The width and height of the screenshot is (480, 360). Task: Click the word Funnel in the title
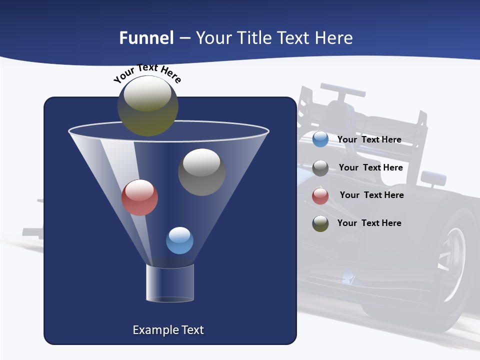pos(146,38)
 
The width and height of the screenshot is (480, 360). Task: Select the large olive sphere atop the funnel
pos(147,106)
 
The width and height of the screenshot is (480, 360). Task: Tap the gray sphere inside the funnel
pos(201,172)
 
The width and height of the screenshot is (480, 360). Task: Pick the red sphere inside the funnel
pos(139,197)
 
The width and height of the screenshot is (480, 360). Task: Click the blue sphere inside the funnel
pos(179,240)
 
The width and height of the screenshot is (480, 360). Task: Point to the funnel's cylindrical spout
pos(169,283)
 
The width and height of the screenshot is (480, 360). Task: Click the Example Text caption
pos(168,330)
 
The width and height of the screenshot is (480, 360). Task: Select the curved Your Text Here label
pos(147,73)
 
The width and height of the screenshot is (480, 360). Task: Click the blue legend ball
pos(320,139)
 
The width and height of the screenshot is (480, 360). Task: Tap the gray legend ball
pos(320,168)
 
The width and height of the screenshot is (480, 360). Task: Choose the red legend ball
pos(320,196)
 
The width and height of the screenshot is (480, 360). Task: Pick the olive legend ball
pos(320,223)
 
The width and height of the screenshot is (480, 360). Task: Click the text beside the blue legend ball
pos(369,140)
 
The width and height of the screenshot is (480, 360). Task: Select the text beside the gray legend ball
pos(370,168)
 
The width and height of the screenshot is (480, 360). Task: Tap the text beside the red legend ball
pos(371,195)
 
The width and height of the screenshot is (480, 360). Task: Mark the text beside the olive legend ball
pos(369,223)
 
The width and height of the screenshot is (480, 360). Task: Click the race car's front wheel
pos(452,260)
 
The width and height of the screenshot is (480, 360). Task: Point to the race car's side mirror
pos(433,177)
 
